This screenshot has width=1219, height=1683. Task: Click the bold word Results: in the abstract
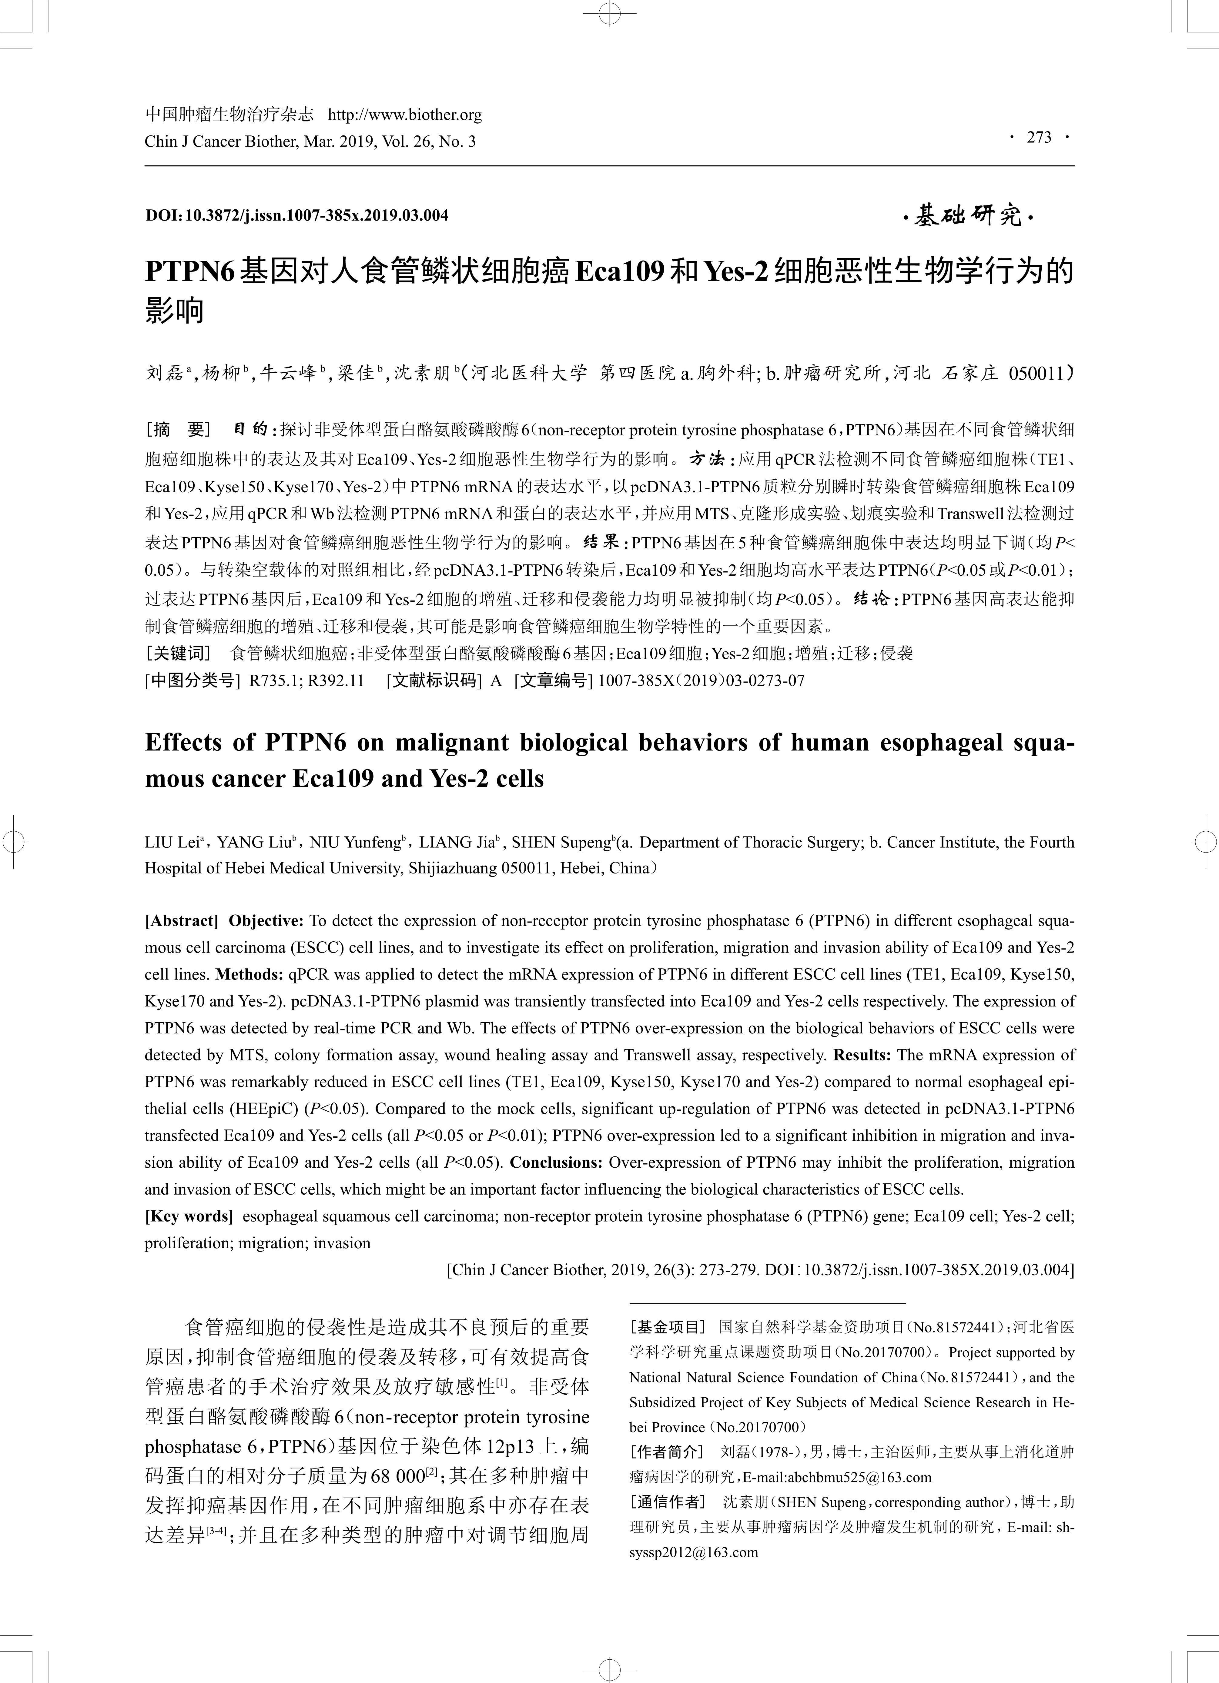(x=861, y=1054)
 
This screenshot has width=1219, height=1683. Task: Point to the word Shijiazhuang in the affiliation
(x=452, y=868)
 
